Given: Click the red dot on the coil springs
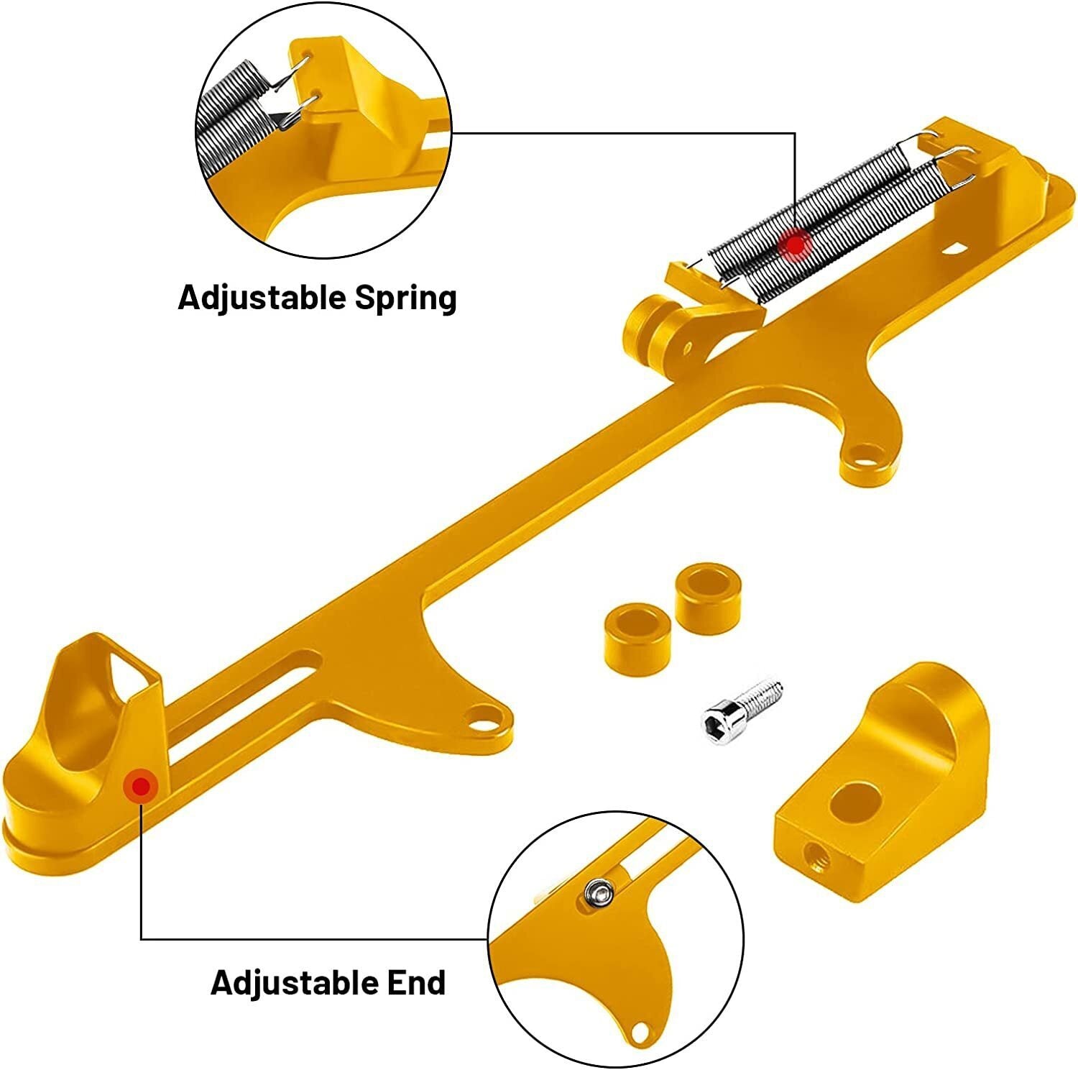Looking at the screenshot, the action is [795, 245].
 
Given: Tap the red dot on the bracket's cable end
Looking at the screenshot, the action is [141, 787].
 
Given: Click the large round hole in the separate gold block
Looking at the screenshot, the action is [855, 801].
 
